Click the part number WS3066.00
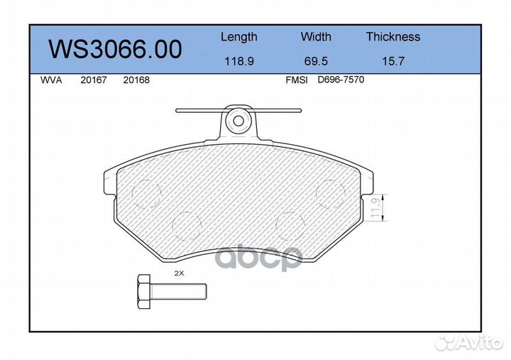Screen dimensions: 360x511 click(114, 49)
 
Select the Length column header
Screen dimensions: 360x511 click(238, 37)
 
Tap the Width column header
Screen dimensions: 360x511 click(316, 37)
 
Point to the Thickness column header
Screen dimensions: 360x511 click(392, 37)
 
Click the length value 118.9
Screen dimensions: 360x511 click(238, 61)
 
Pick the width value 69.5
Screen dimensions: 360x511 click(316, 61)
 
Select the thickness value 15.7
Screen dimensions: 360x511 click(392, 61)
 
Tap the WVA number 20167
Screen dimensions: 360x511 click(94, 80)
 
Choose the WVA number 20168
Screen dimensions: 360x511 click(136, 80)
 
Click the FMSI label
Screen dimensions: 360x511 click(296, 80)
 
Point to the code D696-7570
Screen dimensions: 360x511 click(341, 80)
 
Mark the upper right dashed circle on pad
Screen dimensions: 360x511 click(331, 192)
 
